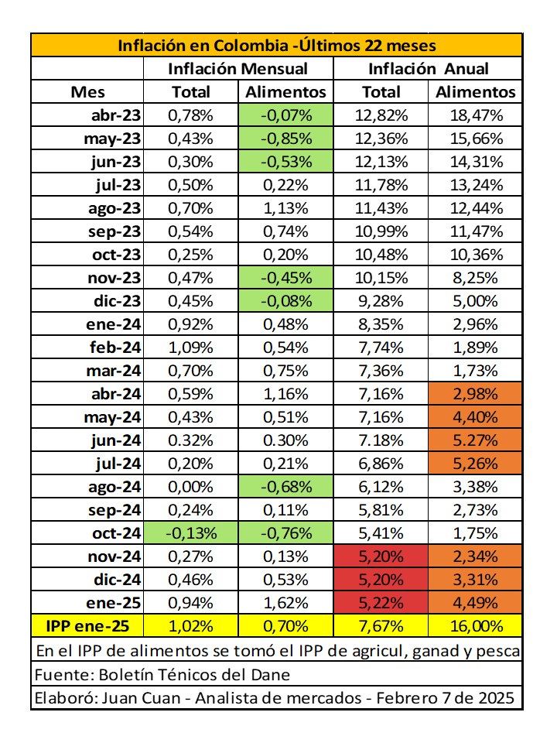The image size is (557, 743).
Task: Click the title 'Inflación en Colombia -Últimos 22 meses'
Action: [277, 46]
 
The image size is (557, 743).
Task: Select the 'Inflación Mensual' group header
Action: [237, 69]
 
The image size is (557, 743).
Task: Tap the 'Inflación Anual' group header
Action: [428, 69]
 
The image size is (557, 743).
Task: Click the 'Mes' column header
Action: [87, 92]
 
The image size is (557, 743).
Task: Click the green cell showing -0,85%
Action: [285, 139]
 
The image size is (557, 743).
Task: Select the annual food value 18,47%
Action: [476, 116]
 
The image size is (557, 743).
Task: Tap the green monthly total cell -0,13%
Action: [191, 534]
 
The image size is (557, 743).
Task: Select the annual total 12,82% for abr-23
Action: [381, 116]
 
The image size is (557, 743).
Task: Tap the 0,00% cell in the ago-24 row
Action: [191, 488]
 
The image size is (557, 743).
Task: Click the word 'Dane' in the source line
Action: [272, 674]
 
